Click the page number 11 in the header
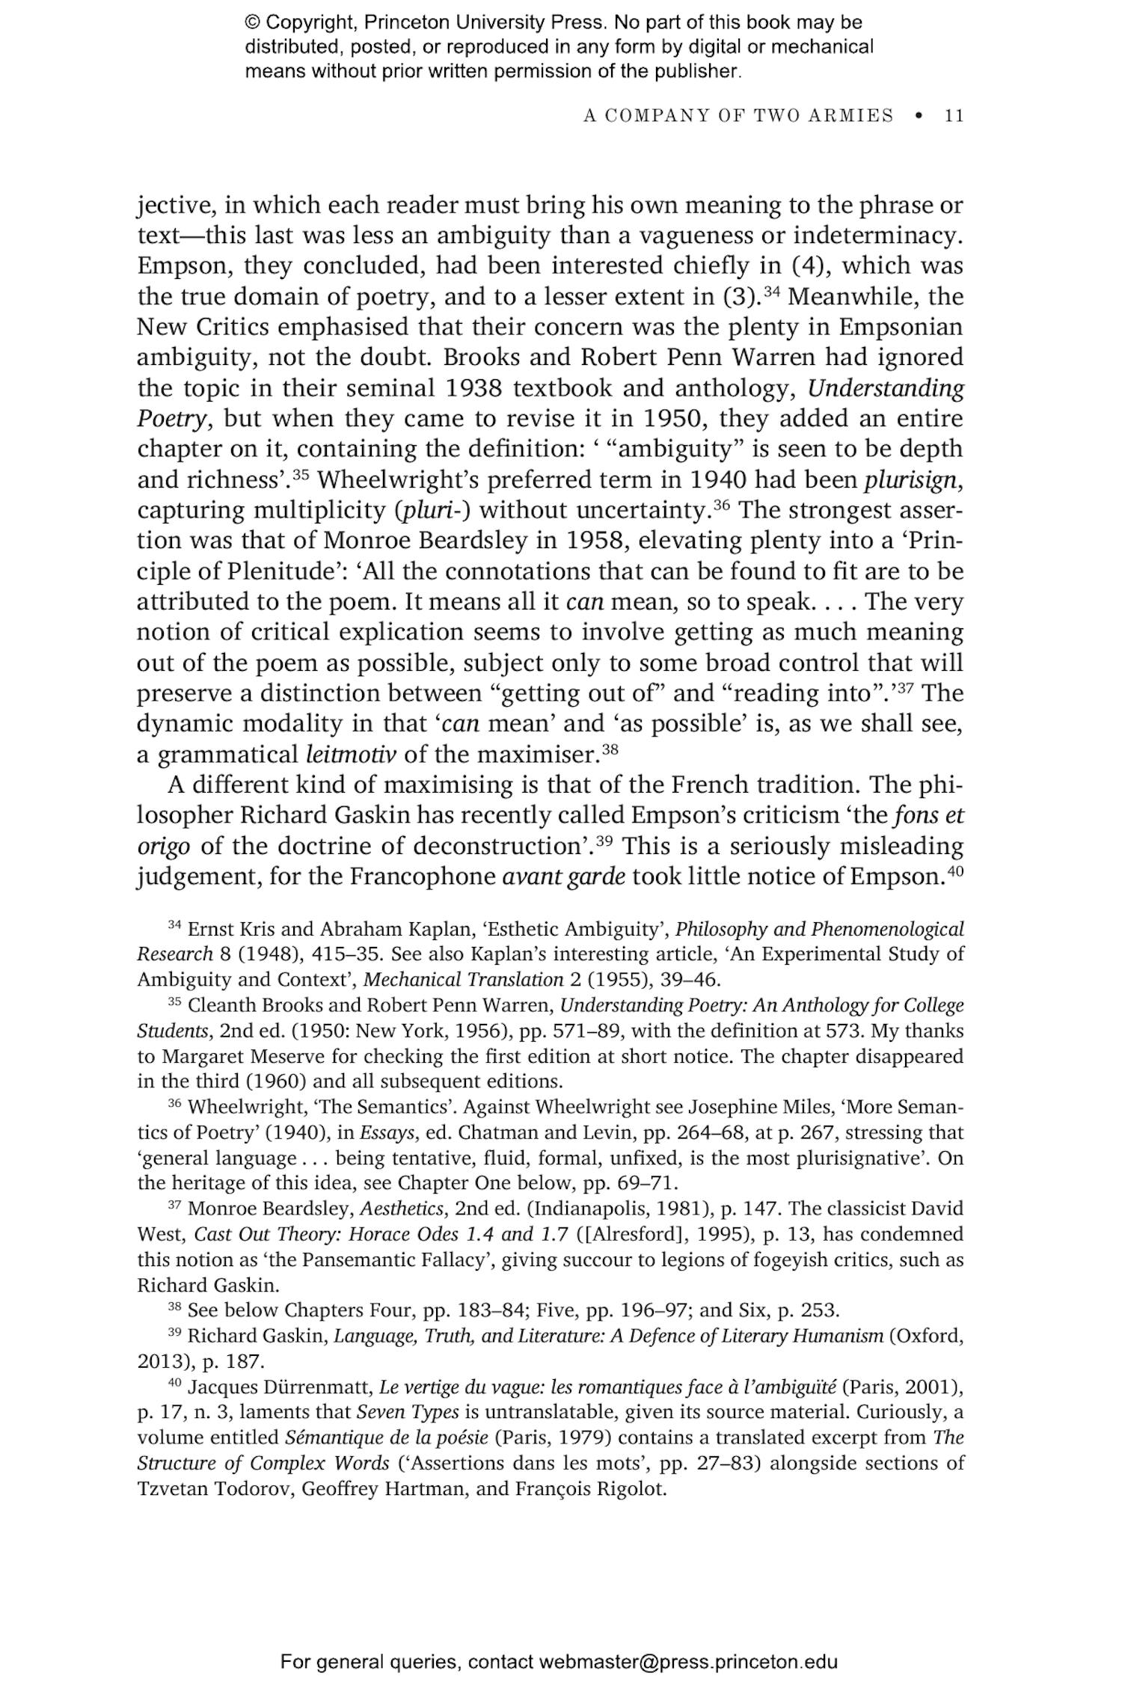(954, 115)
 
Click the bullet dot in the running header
(919, 115)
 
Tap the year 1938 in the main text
(473, 388)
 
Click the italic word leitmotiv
(351, 755)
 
